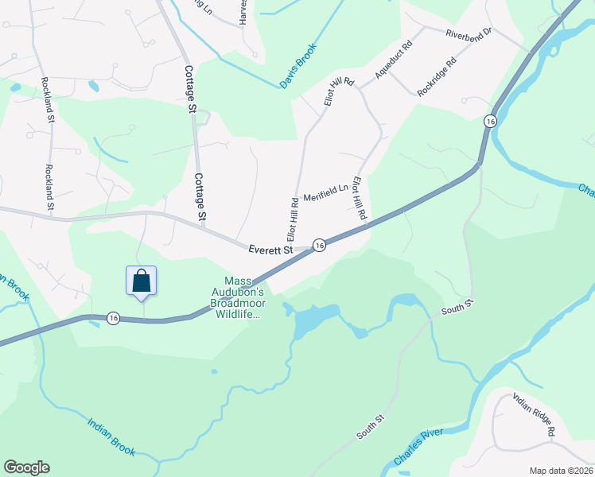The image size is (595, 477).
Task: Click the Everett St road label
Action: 270,249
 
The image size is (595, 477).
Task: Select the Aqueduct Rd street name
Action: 395,61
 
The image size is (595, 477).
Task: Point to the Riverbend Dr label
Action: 469,33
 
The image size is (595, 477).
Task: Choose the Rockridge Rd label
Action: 437,76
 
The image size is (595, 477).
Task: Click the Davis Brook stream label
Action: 298,65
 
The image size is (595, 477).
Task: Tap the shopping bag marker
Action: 142,281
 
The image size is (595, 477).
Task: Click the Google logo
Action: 26,467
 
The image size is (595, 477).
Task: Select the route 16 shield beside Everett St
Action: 318,246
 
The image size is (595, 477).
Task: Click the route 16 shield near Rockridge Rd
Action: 490,121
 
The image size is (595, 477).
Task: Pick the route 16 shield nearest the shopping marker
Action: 113,318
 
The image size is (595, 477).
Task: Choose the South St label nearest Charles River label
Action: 371,428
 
